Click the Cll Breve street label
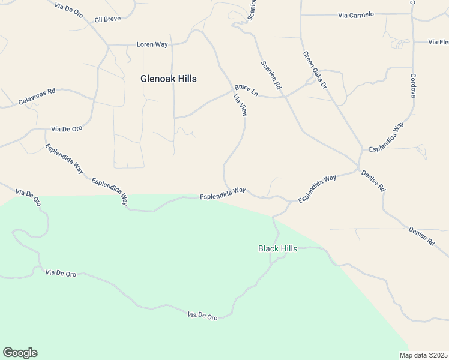click(107, 19)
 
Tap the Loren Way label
click(152, 44)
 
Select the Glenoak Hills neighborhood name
click(169, 79)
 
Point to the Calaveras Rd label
click(37, 96)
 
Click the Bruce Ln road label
click(246, 91)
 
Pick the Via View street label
click(240, 105)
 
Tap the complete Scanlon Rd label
click(271, 75)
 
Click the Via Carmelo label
click(356, 14)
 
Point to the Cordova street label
click(413, 87)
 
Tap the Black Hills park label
click(277, 248)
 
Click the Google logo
click(20, 353)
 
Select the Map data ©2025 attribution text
click(424, 355)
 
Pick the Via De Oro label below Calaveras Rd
click(67, 129)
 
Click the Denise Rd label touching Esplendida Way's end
click(373, 181)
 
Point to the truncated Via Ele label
click(439, 42)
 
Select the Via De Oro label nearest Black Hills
click(202, 316)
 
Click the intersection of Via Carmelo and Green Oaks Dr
click(301, 14)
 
